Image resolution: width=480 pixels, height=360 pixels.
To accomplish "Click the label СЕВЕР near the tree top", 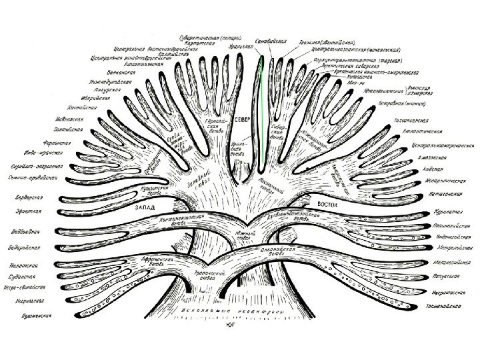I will pyautogui.click(x=241, y=121).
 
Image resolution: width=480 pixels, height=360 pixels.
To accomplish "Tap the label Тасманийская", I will pyautogui.click(x=442, y=307).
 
